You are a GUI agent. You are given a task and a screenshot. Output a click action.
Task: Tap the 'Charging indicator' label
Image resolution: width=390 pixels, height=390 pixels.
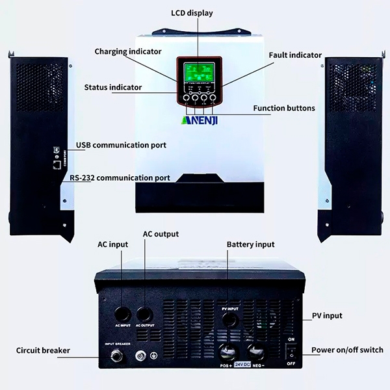[x=128, y=51]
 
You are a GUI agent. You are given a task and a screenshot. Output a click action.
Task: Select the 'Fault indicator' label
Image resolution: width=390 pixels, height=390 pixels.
[x=295, y=55]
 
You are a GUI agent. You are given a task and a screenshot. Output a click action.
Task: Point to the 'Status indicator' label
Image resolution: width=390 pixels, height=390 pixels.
[x=114, y=87]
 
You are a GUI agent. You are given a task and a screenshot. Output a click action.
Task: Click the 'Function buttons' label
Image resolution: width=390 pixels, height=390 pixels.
[x=284, y=108]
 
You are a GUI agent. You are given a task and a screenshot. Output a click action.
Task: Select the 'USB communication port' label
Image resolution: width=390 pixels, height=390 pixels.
[x=121, y=145]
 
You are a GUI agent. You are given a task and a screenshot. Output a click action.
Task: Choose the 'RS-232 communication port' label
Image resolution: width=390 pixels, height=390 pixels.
[x=123, y=177]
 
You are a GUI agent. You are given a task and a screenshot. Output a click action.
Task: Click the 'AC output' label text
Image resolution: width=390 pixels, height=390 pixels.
[x=161, y=234]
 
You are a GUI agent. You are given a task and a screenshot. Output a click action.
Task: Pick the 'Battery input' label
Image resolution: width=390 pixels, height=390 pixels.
[x=250, y=244]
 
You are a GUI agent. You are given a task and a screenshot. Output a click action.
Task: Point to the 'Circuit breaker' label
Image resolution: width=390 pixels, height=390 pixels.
[x=43, y=350]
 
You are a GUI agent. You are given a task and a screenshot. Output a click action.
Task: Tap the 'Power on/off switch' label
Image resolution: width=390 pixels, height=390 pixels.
[x=347, y=350]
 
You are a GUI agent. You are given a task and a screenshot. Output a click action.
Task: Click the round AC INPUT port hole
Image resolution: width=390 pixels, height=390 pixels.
[x=123, y=310]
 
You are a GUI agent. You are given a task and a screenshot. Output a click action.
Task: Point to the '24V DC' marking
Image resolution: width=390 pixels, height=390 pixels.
[x=243, y=365]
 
